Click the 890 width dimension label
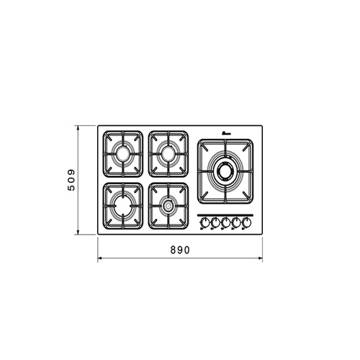coord(180,250)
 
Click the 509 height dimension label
coord(71,180)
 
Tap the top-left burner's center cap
coord(123,153)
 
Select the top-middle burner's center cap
coord(168,153)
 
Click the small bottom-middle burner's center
coord(168,206)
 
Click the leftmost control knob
coord(204,222)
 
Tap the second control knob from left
coord(215,222)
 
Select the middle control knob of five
coord(225,222)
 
